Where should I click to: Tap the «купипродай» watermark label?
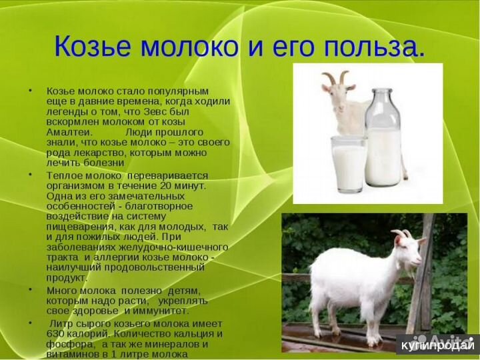[437, 345]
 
